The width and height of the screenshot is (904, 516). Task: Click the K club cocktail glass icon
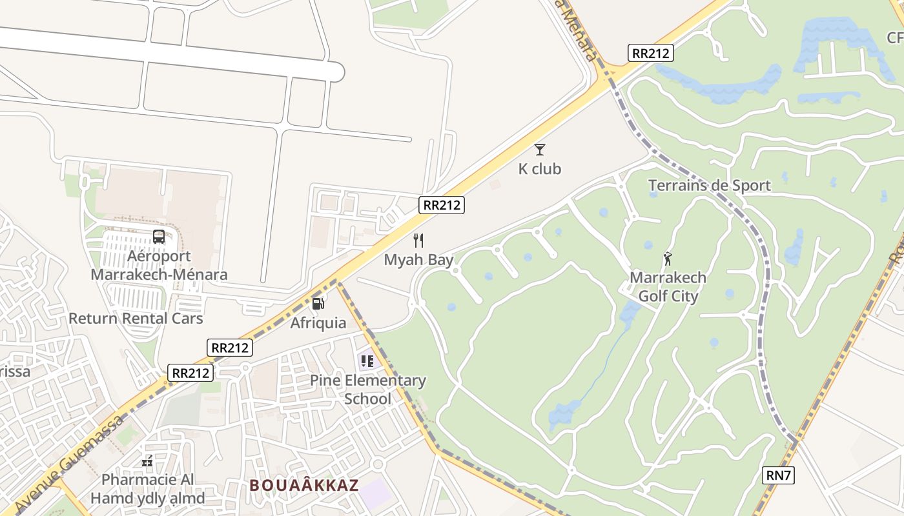click(540, 150)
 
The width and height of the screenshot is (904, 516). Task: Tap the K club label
click(540, 169)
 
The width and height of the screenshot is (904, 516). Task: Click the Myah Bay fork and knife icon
click(418, 241)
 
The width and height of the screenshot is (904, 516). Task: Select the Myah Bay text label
click(418, 260)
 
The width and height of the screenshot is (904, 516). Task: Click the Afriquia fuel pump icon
click(318, 303)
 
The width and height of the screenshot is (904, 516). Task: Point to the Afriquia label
click(318, 322)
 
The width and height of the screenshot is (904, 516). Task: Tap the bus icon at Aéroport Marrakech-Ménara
click(159, 237)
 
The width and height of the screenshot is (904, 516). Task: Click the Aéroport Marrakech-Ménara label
click(159, 265)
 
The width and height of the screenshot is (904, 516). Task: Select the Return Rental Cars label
click(136, 319)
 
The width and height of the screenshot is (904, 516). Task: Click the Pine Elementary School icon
click(367, 361)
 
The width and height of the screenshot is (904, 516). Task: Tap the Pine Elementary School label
click(367, 390)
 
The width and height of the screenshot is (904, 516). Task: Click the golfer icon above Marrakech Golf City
click(668, 259)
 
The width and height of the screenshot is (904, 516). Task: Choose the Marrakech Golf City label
click(668, 287)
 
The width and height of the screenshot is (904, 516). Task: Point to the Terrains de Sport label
click(709, 186)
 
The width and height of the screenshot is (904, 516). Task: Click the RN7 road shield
click(778, 475)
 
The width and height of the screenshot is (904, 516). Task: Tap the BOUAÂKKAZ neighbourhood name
click(303, 485)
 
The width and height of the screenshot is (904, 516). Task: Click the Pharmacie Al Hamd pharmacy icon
click(147, 461)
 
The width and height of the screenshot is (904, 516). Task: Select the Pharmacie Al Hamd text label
click(147, 489)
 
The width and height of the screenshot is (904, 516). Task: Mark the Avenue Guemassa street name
click(68, 462)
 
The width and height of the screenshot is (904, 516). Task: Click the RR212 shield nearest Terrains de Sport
click(650, 53)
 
